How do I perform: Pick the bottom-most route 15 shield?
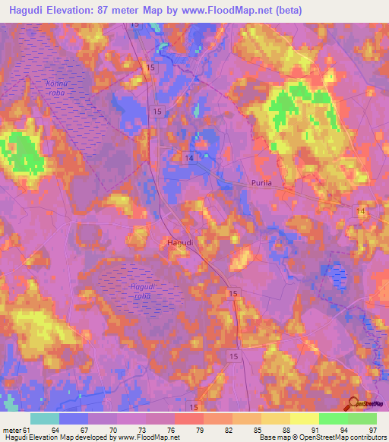(x=194, y=408)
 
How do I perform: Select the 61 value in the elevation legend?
(x=28, y=430)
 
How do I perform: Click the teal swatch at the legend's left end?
(x=45, y=418)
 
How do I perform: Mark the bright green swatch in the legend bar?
(x=333, y=418)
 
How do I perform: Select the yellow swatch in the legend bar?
(x=304, y=418)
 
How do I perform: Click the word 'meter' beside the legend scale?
(x=11, y=430)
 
